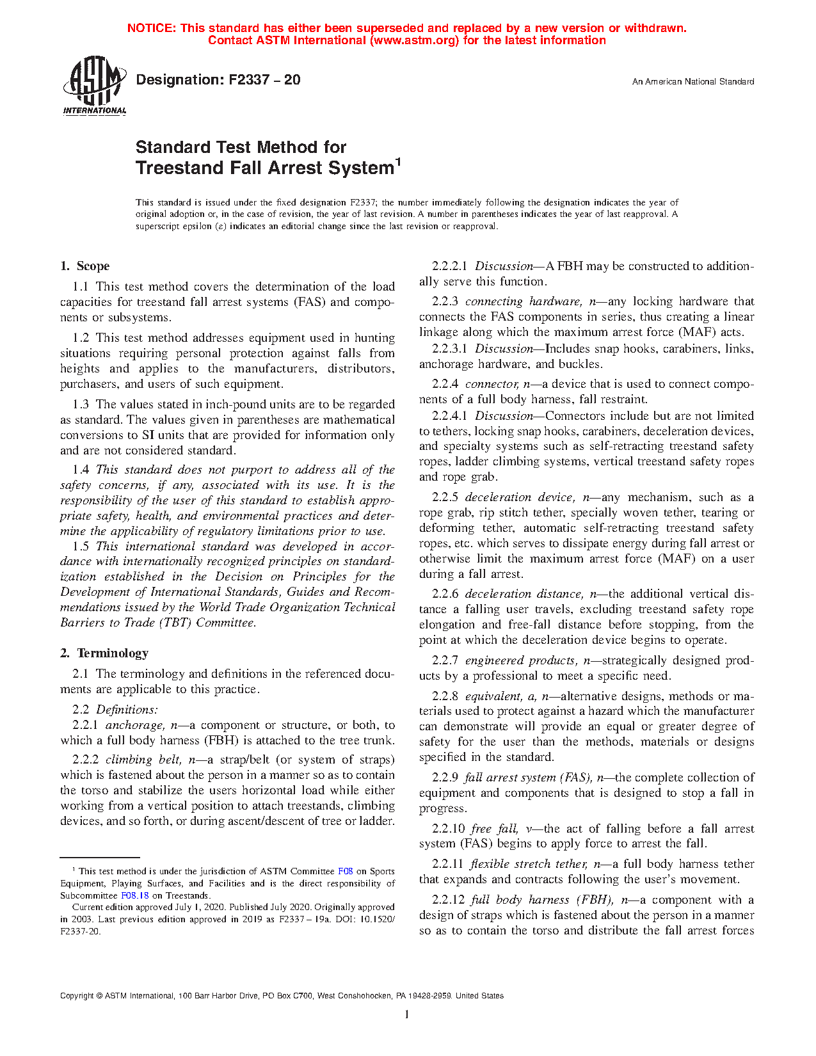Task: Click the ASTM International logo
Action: (95, 85)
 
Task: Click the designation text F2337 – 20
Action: (218, 80)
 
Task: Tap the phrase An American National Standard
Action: (692, 82)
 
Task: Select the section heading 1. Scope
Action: (85, 266)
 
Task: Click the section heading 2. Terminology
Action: (104, 653)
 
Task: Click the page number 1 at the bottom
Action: (407, 1014)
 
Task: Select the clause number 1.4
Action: (81, 470)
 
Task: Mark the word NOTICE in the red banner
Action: (150, 28)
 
